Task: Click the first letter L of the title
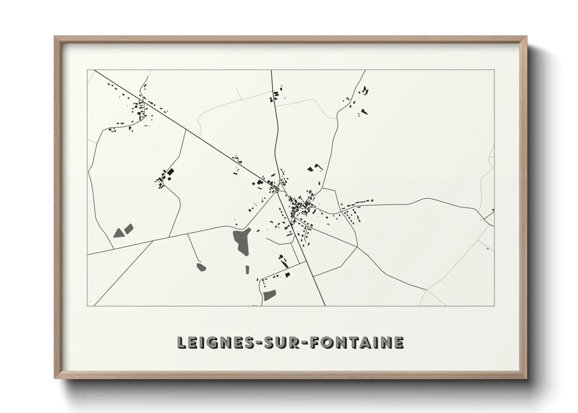click(x=181, y=342)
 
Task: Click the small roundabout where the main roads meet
click(x=277, y=191)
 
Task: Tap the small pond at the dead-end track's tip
click(x=201, y=267)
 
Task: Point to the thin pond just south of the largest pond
click(x=247, y=270)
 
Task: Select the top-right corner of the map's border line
click(x=494, y=70)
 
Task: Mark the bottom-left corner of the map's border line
click(x=87, y=306)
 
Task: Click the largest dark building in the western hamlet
click(x=170, y=172)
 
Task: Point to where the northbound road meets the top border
click(x=271, y=70)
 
